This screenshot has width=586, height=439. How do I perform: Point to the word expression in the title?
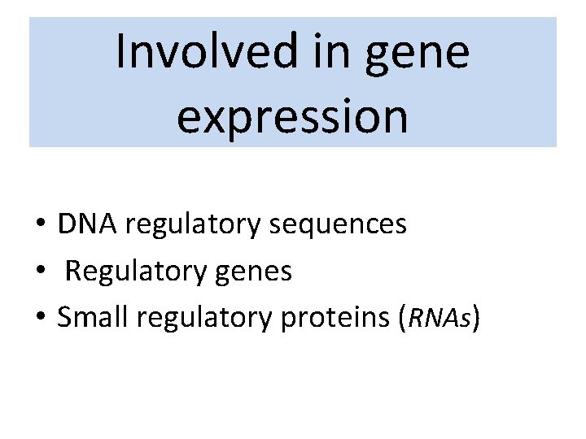pos(292,116)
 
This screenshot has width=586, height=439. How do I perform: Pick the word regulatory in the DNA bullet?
pos(187,225)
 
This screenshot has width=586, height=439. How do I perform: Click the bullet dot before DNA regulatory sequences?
pos(39,225)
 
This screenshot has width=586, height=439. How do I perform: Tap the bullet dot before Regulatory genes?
pos(39,272)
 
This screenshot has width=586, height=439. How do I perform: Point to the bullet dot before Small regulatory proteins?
pos(39,319)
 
